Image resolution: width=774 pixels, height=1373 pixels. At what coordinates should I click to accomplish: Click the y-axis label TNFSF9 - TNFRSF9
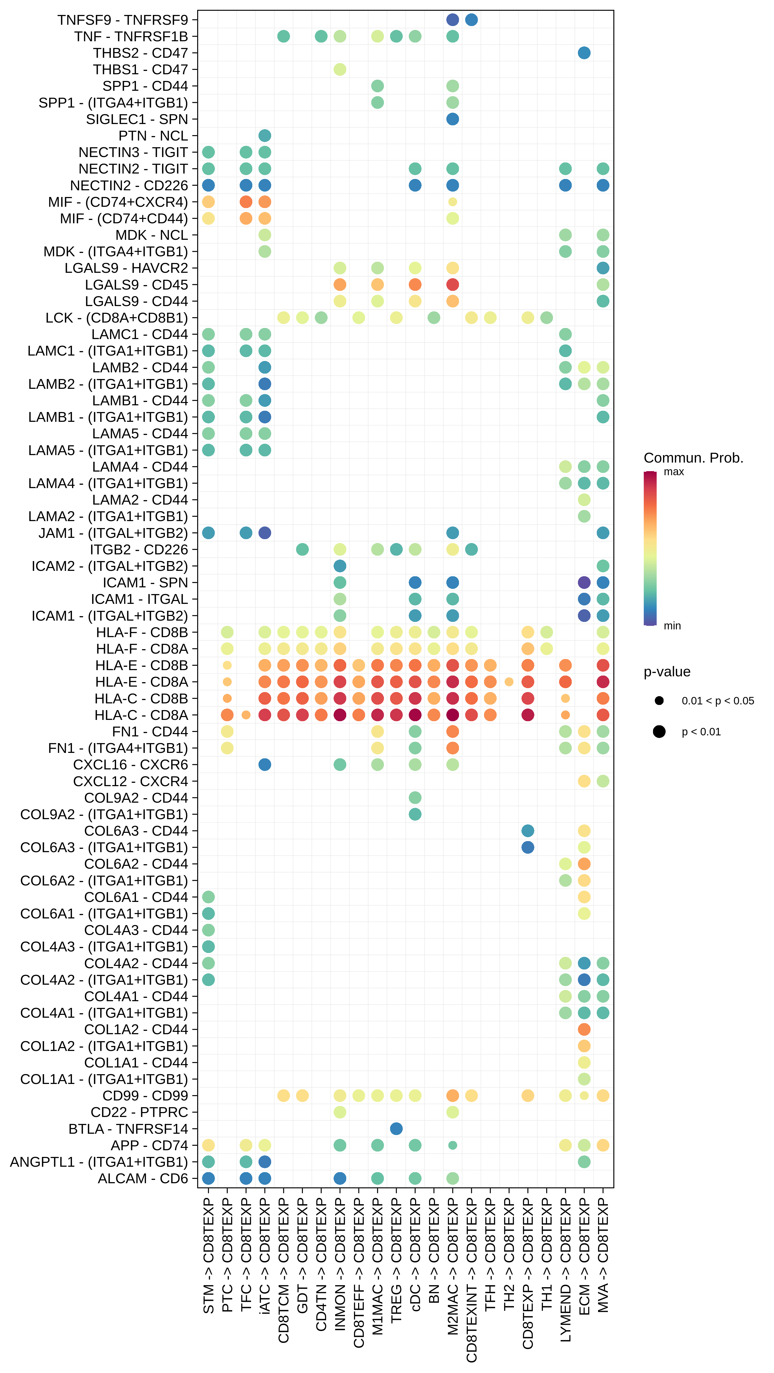pyautogui.click(x=123, y=20)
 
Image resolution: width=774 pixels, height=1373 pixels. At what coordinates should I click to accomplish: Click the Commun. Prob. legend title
pyautogui.click(x=693, y=458)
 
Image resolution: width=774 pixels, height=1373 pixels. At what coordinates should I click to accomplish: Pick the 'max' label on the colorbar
pyautogui.click(x=674, y=472)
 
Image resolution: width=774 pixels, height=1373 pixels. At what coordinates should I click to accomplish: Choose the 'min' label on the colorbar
pyautogui.click(x=672, y=626)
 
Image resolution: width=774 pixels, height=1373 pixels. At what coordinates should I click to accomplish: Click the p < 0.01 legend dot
pyautogui.click(x=659, y=732)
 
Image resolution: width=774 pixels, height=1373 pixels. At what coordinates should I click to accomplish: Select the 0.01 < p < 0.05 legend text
pyautogui.click(x=717, y=701)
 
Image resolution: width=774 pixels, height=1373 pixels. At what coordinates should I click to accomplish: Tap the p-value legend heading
pyautogui.click(x=667, y=672)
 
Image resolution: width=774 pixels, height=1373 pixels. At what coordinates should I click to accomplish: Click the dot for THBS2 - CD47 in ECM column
pyautogui.click(x=584, y=53)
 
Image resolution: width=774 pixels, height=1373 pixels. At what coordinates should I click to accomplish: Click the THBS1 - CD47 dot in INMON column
pyautogui.click(x=340, y=69)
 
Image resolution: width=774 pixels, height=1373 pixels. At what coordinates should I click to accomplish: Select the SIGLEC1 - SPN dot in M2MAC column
pyautogui.click(x=452, y=119)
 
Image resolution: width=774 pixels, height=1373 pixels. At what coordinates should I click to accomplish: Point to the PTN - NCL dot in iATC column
pyautogui.click(x=264, y=135)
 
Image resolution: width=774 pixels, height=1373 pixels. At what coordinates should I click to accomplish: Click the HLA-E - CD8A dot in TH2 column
pyautogui.click(x=509, y=682)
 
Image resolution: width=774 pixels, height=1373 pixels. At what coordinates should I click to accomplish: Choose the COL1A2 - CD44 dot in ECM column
pyautogui.click(x=584, y=1029)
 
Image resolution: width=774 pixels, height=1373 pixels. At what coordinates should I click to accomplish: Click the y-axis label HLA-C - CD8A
pyautogui.click(x=141, y=715)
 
